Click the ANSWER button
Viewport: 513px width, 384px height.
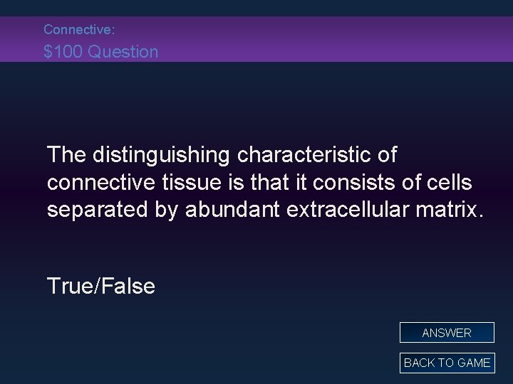click(x=447, y=333)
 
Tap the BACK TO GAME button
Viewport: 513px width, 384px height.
click(x=447, y=363)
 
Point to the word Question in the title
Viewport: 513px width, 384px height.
click(x=123, y=51)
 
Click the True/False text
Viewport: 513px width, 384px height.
click(x=100, y=286)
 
